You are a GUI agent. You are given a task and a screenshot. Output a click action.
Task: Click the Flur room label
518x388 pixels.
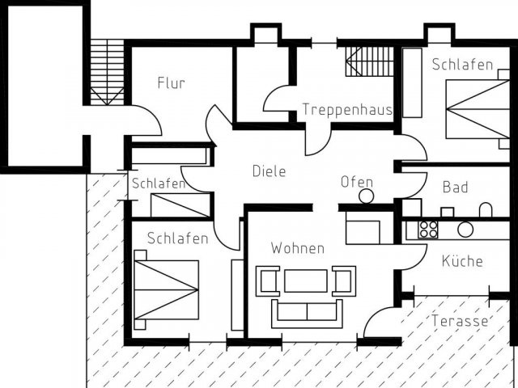(x=171, y=82)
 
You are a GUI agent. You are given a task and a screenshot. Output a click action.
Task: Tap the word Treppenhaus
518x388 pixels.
(x=347, y=109)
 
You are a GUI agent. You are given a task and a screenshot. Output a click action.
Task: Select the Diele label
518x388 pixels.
(x=269, y=171)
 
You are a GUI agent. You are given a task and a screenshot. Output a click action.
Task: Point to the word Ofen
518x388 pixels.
(x=357, y=182)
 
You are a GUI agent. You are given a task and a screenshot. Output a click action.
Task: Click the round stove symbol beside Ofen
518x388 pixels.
(x=366, y=196)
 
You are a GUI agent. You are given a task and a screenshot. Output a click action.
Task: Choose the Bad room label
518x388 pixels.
(x=455, y=187)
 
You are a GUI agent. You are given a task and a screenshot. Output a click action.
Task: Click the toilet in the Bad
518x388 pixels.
(x=486, y=210)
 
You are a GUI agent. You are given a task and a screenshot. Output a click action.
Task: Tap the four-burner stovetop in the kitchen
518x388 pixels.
(x=428, y=230)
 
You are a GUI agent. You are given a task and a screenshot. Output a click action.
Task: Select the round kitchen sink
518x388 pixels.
(x=465, y=230)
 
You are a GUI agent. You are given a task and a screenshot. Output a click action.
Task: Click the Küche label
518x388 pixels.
(x=462, y=261)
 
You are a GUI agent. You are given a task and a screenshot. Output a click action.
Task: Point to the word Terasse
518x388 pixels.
(x=460, y=321)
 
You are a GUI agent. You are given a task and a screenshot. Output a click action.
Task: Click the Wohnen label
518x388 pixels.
(x=298, y=248)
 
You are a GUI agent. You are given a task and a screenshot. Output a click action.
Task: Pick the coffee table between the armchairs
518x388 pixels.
(x=306, y=280)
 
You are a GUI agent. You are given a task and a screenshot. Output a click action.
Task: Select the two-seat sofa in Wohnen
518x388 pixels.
(x=307, y=314)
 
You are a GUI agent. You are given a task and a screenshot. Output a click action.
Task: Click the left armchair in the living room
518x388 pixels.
(x=268, y=281)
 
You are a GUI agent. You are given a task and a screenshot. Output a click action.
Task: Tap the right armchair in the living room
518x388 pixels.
(x=344, y=281)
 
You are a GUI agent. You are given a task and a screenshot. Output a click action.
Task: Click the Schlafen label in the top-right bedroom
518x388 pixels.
(x=462, y=65)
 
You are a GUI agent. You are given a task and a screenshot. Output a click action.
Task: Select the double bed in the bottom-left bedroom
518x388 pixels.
(x=166, y=289)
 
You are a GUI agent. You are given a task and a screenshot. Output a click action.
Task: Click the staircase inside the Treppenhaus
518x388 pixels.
(x=370, y=61)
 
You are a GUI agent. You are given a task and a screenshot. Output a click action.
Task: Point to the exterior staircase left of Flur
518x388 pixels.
(x=107, y=73)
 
